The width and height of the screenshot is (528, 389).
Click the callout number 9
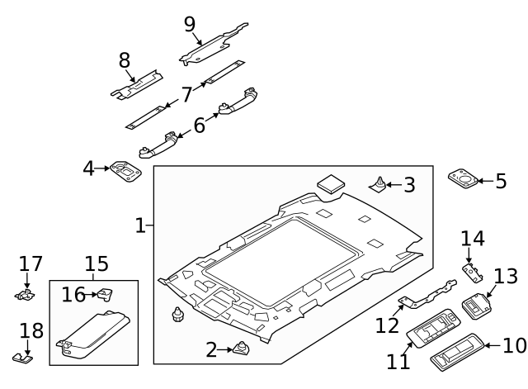click(x=190, y=24)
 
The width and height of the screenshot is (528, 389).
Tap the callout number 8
click(x=125, y=60)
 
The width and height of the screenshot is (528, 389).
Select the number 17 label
click(x=31, y=263)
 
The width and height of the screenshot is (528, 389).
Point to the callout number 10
click(x=514, y=345)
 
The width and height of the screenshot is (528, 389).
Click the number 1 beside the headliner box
click(x=141, y=225)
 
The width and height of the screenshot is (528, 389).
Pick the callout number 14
click(x=473, y=239)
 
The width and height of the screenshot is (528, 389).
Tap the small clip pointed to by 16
click(x=106, y=293)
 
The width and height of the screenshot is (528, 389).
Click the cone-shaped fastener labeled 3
click(x=379, y=183)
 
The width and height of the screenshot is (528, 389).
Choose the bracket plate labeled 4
click(x=126, y=172)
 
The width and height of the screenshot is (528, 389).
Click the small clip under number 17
click(x=26, y=293)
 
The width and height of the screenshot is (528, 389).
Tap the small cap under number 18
click(x=23, y=356)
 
